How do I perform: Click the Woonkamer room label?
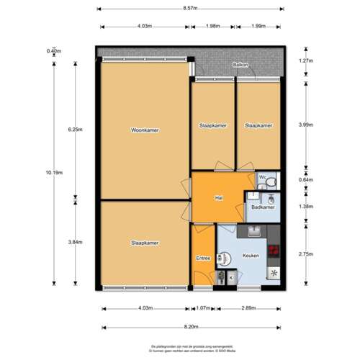pyautogui.click(x=145, y=130)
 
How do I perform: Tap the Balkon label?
pyautogui.click(x=240, y=65)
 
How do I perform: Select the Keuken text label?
pyautogui.click(x=251, y=256)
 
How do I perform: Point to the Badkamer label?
pyautogui.click(x=262, y=208)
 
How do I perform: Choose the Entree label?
pyautogui.click(x=203, y=257)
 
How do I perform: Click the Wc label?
pyautogui.click(x=263, y=176)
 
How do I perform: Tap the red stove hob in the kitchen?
pyautogui.click(x=273, y=251)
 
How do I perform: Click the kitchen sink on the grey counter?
pyautogui.click(x=253, y=230)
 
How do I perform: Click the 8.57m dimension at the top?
pyautogui.click(x=191, y=9)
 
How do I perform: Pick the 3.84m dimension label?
pyautogui.click(x=75, y=242)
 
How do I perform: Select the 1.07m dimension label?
pyautogui.click(x=204, y=309)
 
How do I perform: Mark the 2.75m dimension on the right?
pyautogui.click(x=306, y=254)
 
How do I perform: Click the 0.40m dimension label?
pyautogui.click(x=53, y=51)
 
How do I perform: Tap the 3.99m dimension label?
pyautogui.click(x=306, y=124)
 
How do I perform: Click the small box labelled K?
pyautogui.click(x=231, y=277)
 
